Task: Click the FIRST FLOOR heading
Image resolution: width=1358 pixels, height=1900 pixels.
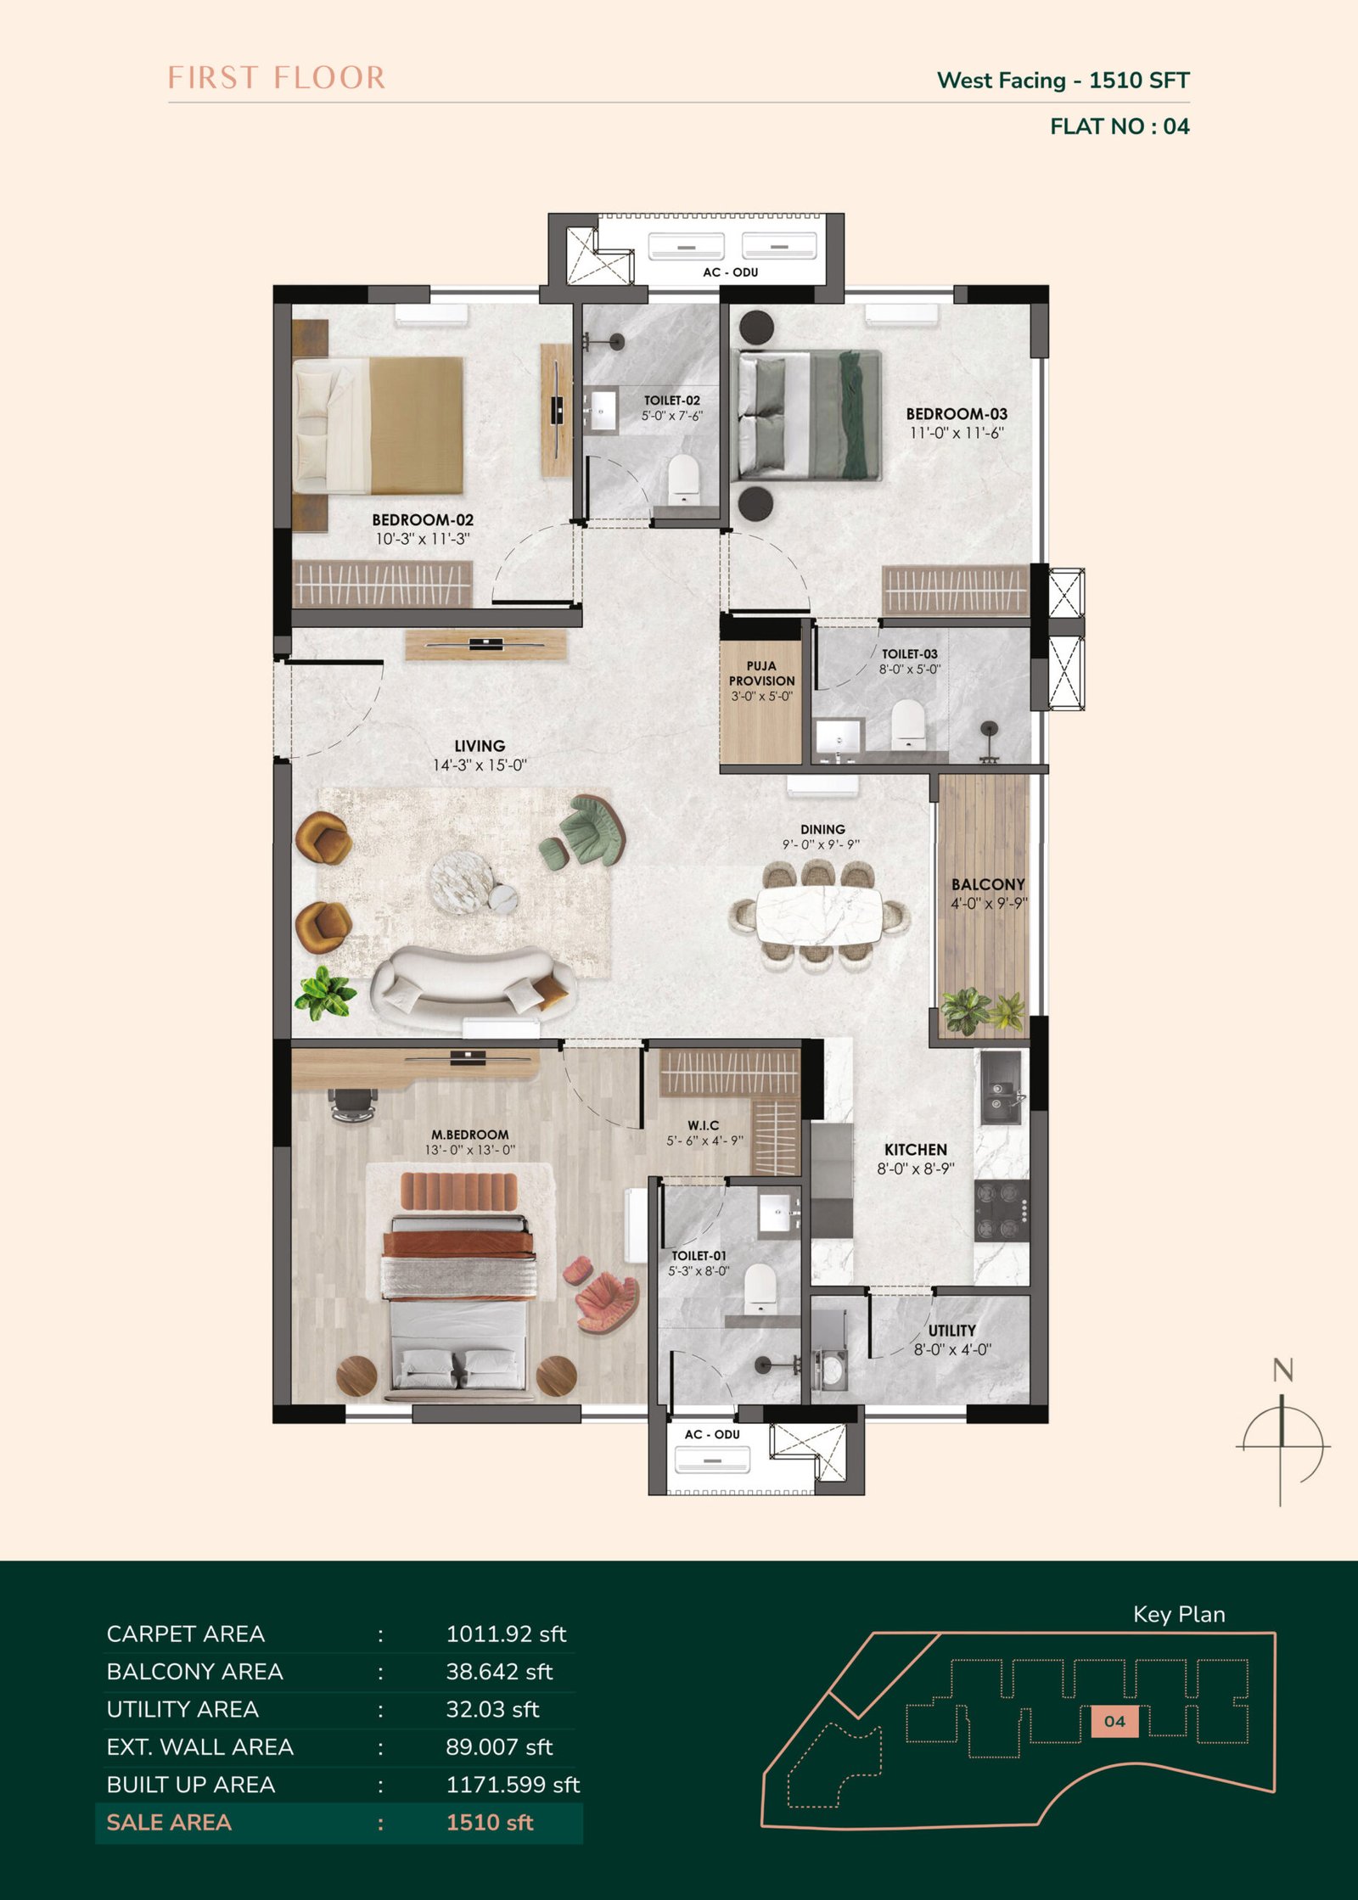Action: click(x=277, y=78)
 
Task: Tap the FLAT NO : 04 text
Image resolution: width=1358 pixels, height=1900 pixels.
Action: click(x=1120, y=126)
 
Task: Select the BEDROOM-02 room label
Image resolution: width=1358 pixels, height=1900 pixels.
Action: click(x=423, y=520)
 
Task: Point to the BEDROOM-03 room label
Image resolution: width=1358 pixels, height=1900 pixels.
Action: click(x=957, y=414)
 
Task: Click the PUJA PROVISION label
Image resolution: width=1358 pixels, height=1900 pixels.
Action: click(x=762, y=674)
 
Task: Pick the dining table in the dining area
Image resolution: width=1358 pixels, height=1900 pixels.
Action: click(x=819, y=915)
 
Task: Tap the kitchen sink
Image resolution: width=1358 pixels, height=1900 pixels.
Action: click(x=1004, y=1088)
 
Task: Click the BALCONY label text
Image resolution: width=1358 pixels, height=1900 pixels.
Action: click(x=988, y=884)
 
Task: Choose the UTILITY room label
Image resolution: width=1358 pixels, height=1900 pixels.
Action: click(x=951, y=1331)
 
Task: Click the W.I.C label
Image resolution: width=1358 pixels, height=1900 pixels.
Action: click(x=704, y=1125)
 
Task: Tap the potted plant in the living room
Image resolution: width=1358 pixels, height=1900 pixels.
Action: click(x=325, y=992)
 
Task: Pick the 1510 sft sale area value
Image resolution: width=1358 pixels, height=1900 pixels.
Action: click(x=490, y=1823)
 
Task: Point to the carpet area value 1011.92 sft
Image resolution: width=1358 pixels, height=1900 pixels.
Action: click(x=506, y=1634)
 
